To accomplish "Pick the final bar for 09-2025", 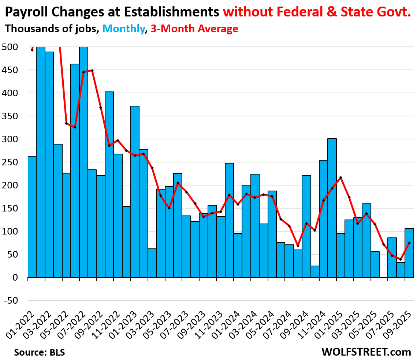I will click(x=409, y=253).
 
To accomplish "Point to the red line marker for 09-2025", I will click(x=409, y=243).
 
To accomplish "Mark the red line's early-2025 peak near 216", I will click(x=341, y=178).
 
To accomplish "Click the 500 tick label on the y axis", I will click(x=10, y=47).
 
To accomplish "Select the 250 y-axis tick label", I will click(x=10, y=162).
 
